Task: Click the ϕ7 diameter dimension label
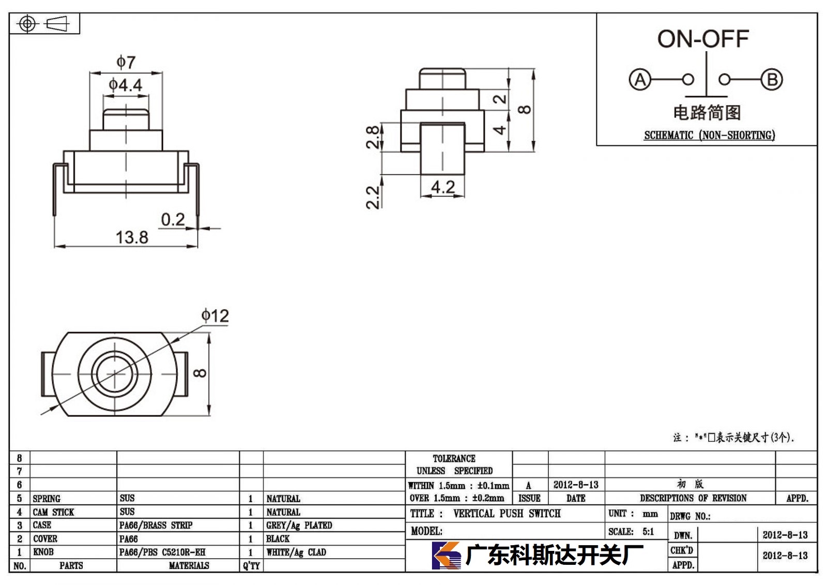tap(126, 62)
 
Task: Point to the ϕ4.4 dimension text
tap(126, 85)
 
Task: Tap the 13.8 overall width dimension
tap(132, 237)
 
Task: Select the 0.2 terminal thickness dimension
tap(173, 219)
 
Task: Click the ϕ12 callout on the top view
tap(215, 316)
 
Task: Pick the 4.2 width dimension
tap(442, 187)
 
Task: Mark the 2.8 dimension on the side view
tap(373, 137)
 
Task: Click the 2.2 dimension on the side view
tap(373, 198)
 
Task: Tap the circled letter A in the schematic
tap(640, 80)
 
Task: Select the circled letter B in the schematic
tap(772, 80)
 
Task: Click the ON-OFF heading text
tap(703, 39)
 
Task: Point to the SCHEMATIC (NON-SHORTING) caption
tap(709, 135)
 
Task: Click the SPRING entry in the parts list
tap(47, 499)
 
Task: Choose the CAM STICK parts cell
tap(54, 512)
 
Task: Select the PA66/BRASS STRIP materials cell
tap(156, 525)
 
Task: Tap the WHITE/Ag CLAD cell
tap(296, 552)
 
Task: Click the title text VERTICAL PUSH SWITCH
tap(507, 513)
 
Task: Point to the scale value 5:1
tap(648, 531)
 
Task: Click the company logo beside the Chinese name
tap(447, 555)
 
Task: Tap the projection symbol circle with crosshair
tap(27, 24)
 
